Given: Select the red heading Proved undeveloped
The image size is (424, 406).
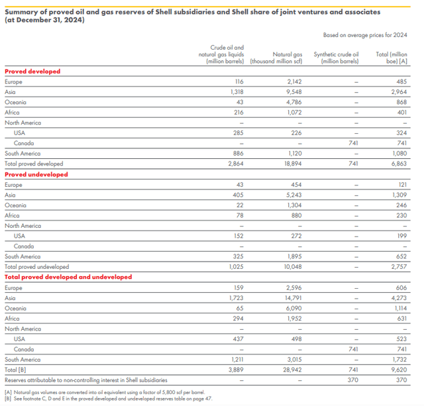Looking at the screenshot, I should point(36,174).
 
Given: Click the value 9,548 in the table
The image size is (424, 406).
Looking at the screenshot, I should point(293,92).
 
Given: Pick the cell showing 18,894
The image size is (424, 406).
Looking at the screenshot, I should point(291,164).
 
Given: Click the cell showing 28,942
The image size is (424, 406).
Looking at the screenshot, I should point(291,370).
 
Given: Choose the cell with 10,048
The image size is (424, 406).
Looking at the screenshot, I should point(291,267).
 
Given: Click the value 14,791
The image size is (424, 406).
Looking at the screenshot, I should point(291,298).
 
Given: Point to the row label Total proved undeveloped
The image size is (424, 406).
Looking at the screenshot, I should point(36,267).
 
